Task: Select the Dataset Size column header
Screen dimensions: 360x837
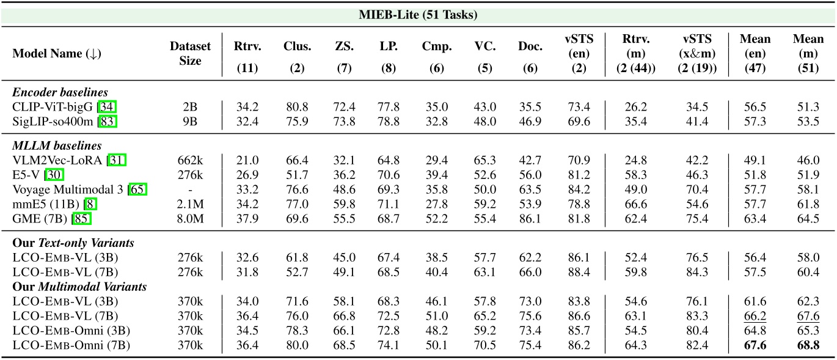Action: (190, 53)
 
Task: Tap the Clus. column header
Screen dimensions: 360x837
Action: (297, 46)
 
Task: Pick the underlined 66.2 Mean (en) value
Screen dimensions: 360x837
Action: (755, 316)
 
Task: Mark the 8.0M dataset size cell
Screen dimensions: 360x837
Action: (190, 219)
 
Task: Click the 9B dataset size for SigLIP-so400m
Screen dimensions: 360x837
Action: (190, 122)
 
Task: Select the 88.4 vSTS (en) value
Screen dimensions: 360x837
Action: (579, 271)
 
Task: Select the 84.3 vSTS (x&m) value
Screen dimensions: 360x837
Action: (693, 271)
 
